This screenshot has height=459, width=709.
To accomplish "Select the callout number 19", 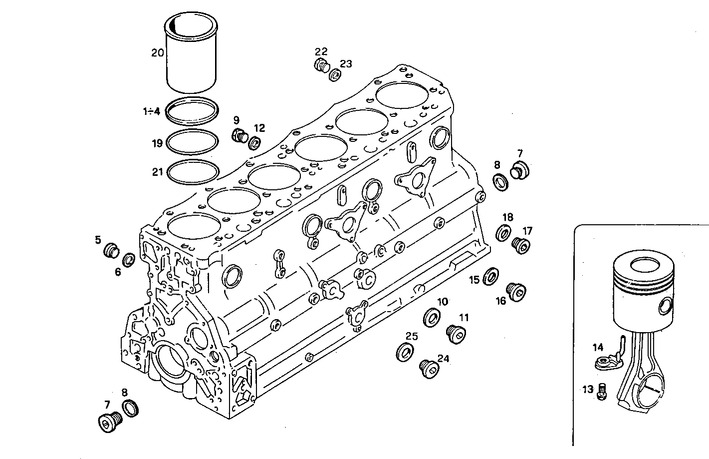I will tap(157, 143).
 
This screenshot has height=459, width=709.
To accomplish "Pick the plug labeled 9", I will tap(240, 135).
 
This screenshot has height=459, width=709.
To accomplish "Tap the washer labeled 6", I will tap(129, 260).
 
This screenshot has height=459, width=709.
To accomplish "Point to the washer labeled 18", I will tap(503, 233).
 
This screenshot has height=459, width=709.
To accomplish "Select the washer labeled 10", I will tap(432, 318).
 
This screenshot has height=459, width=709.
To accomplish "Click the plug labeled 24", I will tap(428, 368).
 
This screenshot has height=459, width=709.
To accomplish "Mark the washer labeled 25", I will tap(405, 352).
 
